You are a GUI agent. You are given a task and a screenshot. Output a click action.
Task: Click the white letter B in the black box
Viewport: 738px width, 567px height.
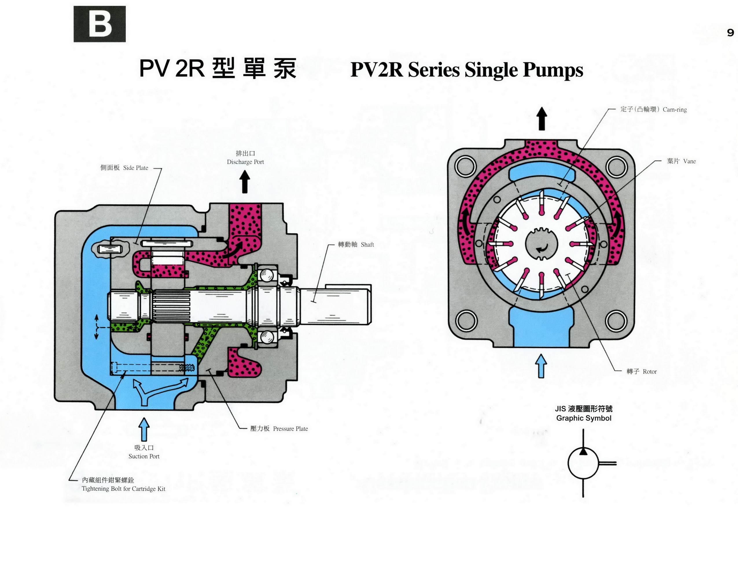tap(100, 24)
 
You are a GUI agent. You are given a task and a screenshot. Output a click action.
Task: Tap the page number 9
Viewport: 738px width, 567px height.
tap(730, 33)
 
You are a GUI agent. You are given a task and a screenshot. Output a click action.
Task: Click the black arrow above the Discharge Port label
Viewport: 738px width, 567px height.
tap(245, 182)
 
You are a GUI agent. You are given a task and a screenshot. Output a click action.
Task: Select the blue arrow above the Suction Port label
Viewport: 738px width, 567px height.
tap(144, 429)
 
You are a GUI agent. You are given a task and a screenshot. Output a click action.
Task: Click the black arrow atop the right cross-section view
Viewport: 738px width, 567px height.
tap(542, 119)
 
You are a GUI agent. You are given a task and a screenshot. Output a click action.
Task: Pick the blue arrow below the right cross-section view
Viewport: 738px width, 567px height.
tap(541, 366)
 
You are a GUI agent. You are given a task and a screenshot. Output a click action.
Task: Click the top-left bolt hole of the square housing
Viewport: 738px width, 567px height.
tap(465, 166)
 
